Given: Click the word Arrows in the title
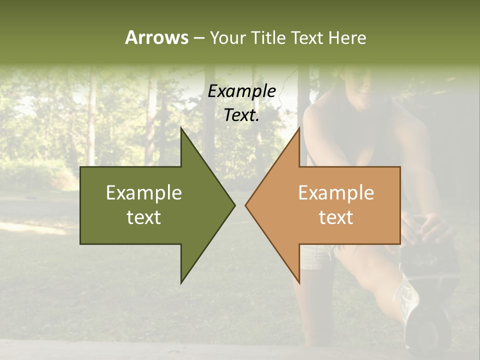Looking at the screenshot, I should pos(156,37).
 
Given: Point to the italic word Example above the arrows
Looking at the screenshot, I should pos(242,91).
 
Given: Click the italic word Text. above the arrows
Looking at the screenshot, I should pos(242,115).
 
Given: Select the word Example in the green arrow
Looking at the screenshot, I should pos(144,192).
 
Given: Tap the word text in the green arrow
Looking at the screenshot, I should pos(144,217).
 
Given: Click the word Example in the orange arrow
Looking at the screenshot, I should pos(336,192).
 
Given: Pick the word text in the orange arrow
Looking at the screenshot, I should pos(336,217).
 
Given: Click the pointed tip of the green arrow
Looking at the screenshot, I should pos(233,205).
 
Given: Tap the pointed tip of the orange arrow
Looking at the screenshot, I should pos(246,205).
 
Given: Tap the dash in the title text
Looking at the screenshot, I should pos(198,38).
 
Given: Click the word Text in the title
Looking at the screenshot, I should pos(307,37).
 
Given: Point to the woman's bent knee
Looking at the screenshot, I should pos(370,280).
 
